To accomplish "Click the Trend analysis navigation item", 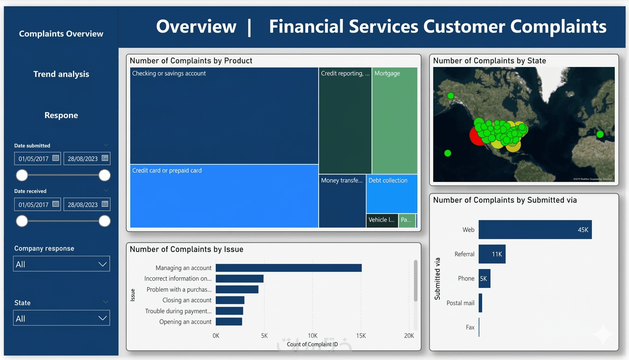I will point(61,74).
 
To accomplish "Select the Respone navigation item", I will point(61,115).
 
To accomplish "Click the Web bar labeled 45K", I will point(535,230).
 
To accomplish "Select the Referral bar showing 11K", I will point(492,254).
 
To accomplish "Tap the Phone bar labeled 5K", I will point(484,278).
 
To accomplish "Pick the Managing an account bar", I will point(288,268).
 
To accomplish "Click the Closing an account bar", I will point(230,300).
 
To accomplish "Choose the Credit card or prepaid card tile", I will point(224,196).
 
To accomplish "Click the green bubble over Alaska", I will point(451,96).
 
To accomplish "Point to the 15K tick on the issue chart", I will point(361,336).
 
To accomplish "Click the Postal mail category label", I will point(461,303).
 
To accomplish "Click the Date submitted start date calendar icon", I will point(56,158).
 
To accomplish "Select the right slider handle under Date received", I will point(105,221).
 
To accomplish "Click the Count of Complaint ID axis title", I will point(312,344).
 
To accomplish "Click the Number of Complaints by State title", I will point(489,61).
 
